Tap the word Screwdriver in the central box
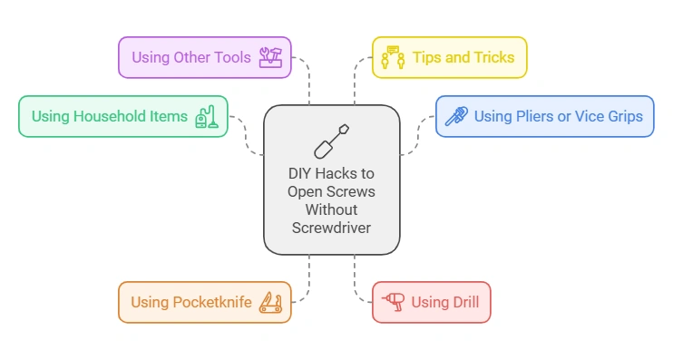coord(331,228)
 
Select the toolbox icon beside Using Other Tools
coord(271,57)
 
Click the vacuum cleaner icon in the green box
coord(207,116)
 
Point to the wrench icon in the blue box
coord(456,116)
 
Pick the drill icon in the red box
coord(394,302)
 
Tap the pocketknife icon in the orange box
coord(270,302)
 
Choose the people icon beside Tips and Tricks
coord(393,57)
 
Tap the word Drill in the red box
coord(462,302)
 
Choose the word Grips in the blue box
coord(623,116)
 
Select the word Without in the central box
coord(331,209)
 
